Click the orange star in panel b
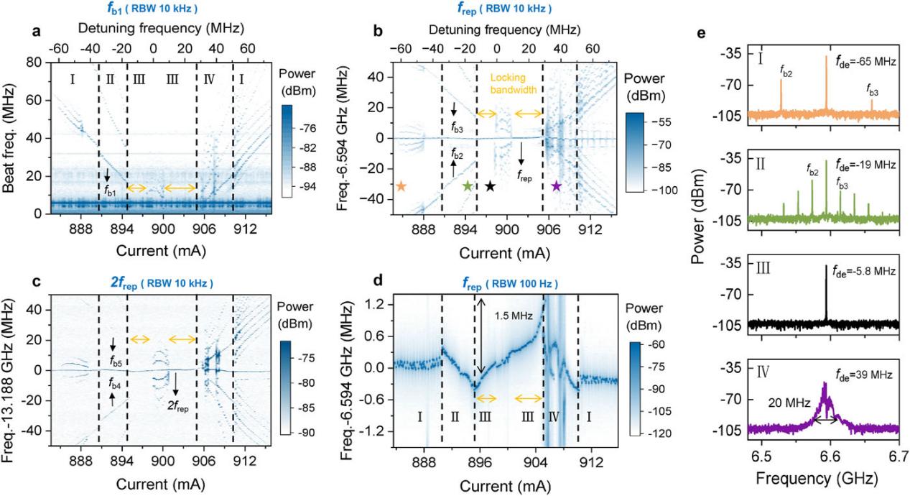(x=401, y=186)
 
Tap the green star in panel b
(x=468, y=186)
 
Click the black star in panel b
(x=490, y=186)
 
